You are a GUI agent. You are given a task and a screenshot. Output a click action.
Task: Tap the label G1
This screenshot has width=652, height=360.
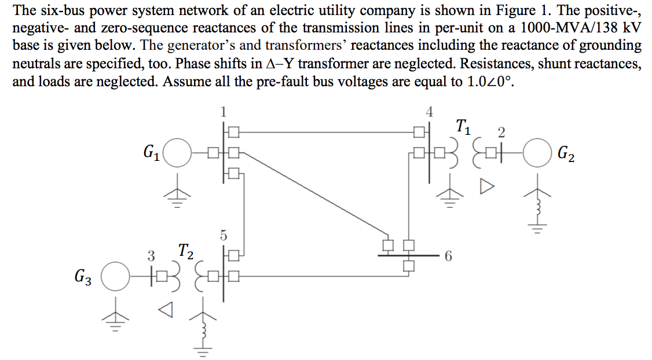pyautogui.click(x=151, y=153)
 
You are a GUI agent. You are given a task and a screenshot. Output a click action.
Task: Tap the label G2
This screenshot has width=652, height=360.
pyautogui.click(x=566, y=155)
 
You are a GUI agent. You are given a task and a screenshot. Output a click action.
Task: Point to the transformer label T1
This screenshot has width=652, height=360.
pyautogui.click(x=464, y=125)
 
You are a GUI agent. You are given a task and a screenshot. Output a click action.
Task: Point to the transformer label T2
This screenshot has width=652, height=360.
pyautogui.click(x=185, y=251)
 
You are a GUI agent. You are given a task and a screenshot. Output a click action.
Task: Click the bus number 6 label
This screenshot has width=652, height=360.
pyautogui.click(x=448, y=255)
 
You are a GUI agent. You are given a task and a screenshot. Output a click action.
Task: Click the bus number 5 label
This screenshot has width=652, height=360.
pyautogui.click(x=224, y=236)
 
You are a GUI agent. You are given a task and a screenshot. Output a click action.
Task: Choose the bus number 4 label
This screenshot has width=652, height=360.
pyautogui.click(x=428, y=112)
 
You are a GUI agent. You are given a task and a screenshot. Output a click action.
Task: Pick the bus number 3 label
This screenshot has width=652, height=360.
pyautogui.click(x=151, y=255)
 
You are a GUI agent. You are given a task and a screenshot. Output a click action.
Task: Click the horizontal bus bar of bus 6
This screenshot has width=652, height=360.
pyautogui.click(x=405, y=255)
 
